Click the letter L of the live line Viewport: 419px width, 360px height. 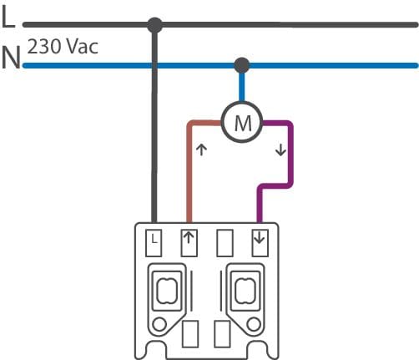pos(8,17)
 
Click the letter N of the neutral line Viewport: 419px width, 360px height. pos(11,58)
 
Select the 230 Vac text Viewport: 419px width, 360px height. pos(63,47)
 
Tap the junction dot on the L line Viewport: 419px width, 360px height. pos(154,25)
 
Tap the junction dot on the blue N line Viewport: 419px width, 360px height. pos(242,65)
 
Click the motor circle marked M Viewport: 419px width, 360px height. pos(242,122)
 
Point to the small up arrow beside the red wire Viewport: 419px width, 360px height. pos(201,150)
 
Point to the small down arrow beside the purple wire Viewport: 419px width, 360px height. pos(280,150)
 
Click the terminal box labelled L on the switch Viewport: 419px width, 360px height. pos(154,243)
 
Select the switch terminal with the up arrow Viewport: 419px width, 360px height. pos(189,243)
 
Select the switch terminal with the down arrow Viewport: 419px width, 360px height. pos(260,243)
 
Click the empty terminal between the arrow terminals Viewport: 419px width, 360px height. pos(225,243)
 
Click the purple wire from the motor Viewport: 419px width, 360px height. pos(290,156)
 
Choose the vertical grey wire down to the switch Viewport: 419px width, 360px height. pos(154,125)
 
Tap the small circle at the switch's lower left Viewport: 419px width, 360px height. pos(159,324)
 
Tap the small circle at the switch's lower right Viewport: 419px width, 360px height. pos(254,324)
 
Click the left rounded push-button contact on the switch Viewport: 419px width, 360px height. pos(167,291)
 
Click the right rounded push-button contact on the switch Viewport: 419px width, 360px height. pos(245,291)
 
